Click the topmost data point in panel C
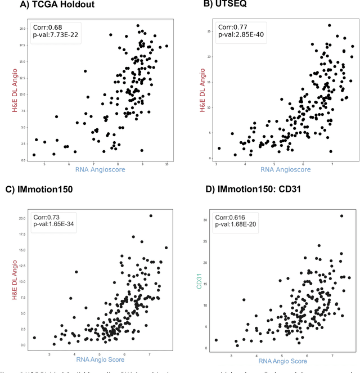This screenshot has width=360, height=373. click(x=151, y=215)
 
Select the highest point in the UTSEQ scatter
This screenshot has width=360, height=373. click(x=329, y=25)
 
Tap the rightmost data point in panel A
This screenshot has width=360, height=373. click(x=167, y=46)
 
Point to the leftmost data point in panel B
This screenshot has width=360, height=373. click(x=219, y=149)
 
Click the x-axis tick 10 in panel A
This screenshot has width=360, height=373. click(x=166, y=163)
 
